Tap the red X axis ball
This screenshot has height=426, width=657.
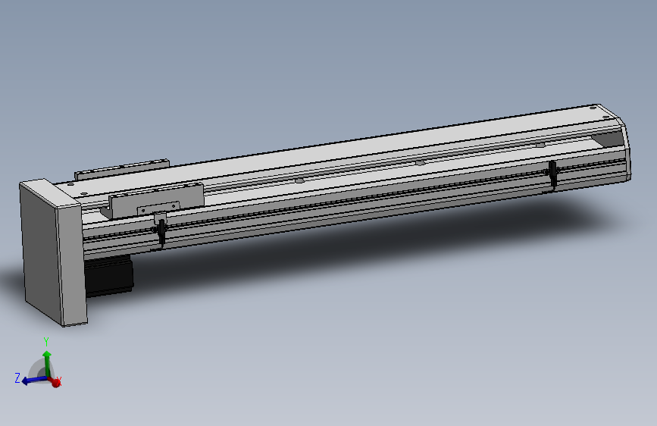click(55, 383)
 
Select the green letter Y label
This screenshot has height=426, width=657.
click(46, 342)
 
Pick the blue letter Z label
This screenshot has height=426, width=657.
click(17, 377)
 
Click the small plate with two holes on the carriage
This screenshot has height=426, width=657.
click(158, 208)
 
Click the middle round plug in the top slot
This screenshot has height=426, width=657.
click(419, 161)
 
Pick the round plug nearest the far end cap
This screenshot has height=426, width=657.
click(540, 143)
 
